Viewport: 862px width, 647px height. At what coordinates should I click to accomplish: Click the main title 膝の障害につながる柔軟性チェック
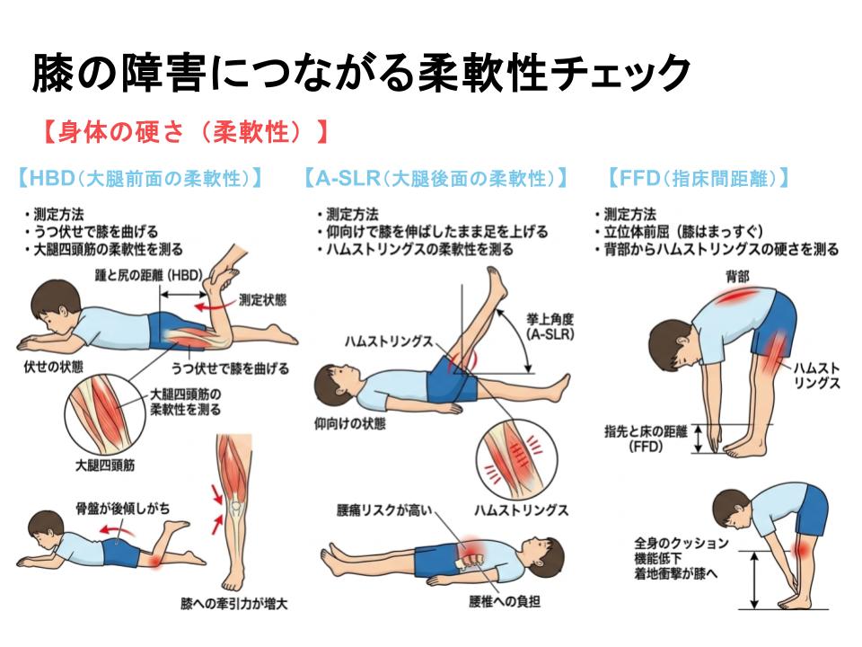(x=361, y=72)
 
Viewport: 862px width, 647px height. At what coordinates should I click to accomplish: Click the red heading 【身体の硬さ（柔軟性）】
(x=186, y=132)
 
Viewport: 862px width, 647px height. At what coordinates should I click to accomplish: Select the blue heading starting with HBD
(x=140, y=178)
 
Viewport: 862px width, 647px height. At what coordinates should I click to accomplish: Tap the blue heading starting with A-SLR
(x=436, y=178)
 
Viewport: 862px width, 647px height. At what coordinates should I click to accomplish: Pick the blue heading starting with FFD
(x=699, y=178)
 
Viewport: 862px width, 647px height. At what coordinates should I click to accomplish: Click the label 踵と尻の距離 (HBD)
(x=149, y=275)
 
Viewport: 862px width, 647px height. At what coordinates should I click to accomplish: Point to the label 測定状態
(x=262, y=300)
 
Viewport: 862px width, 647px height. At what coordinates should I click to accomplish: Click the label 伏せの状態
(x=53, y=367)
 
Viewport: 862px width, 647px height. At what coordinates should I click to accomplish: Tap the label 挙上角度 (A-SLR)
(x=550, y=326)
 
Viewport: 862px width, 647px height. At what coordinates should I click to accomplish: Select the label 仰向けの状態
(x=349, y=423)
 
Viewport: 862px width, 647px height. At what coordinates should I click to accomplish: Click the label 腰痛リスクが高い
(x=385, y=510)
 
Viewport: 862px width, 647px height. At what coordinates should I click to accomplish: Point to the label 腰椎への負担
(x=505, y=601)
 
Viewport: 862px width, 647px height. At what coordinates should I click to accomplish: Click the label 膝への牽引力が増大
(x=234, y=604)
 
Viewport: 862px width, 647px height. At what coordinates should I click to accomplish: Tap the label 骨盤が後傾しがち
(x=123, y=508)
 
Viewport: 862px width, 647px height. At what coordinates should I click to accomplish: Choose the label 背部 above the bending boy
(x=737, y=276)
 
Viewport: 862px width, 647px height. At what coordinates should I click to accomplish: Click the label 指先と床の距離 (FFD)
(x=646, y=439)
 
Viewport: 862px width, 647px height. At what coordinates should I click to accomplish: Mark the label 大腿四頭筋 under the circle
(x=105, y=465)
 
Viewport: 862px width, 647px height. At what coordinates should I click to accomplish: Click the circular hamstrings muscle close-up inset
(x=517, y=459)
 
